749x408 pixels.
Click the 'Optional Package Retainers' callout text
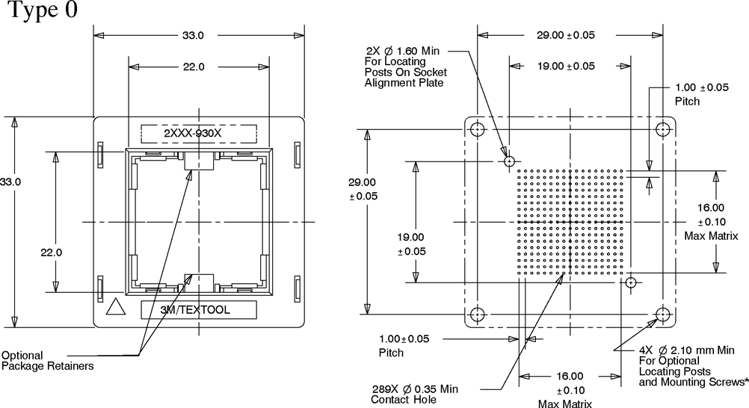click(x=48, y=360)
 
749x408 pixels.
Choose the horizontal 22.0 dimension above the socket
click(x=193, y=67)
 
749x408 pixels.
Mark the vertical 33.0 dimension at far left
click(x=10, y=182)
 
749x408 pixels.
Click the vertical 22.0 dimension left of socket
click(x=52, y=252)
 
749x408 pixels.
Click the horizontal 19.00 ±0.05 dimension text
click(x=566, y=66)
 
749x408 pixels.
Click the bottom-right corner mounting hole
click(x=662, y=314)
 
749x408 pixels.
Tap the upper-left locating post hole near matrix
click(x=509, y=161)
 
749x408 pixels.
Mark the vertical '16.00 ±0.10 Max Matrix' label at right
click(x=711, y=221)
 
